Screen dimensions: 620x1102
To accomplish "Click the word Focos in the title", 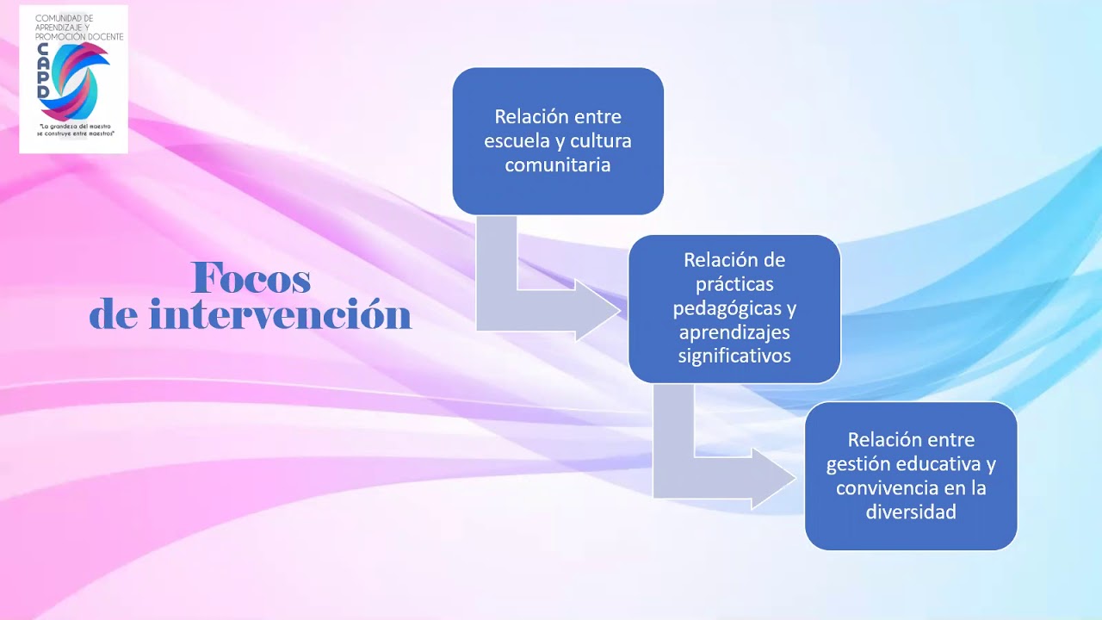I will (x=251, y=278).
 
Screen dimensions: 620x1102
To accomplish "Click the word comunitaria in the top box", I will (x=557, y=165).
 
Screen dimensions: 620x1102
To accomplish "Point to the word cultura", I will (x=601, y=141).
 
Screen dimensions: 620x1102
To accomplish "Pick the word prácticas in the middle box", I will (x=734, y=283).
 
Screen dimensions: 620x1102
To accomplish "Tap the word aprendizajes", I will (x=734, y=332).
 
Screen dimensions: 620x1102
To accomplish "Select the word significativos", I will (x=734, y=355).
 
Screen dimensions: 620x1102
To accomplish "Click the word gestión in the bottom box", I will (x=858, y=464).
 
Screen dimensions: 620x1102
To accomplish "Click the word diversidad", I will (x=911, y=512).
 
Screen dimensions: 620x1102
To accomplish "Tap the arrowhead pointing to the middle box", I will (x=597, y=310).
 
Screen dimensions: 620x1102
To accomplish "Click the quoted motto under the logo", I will (x=75, y=130).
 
